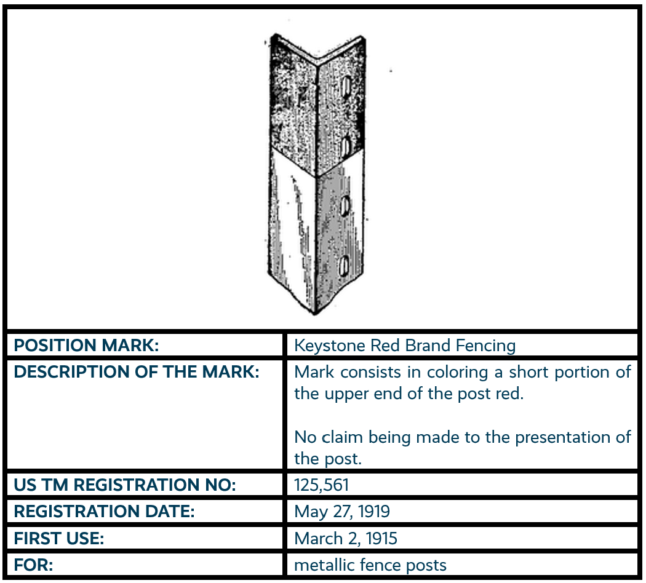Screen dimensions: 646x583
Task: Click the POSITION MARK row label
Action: pyautogui.click(x=87, y=346)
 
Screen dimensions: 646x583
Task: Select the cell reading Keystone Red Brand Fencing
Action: pyautogui.click(x=405, y=346)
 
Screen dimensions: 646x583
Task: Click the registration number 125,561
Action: pyautogui.click(x=321, y=485)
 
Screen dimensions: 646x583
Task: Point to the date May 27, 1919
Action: pyautogui.click(x=342, y=512)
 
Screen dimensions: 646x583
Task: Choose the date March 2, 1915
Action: pyautogui.click(x=346, y=539)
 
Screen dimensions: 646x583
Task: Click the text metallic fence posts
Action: pyautogui.click(x=370, y=565)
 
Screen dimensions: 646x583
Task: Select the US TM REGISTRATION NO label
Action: pyautogui.click(x=125, y=485)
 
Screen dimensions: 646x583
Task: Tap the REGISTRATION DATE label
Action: pyautogui.click(x=104, y=512)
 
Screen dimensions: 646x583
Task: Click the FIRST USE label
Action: pyautogui.click(x=59, y=539)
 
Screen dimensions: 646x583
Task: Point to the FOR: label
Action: pyautogui.click(x=34, y=565)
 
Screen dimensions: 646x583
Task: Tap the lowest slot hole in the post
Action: pyautogui.click(x=345, y=265)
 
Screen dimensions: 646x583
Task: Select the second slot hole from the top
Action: pyautogui.click(x=346, y=146)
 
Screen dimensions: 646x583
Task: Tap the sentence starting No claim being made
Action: pyautogui.click(x=462, y=448)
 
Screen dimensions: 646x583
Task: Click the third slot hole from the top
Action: pyautogui.click(x=345, y=205)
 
